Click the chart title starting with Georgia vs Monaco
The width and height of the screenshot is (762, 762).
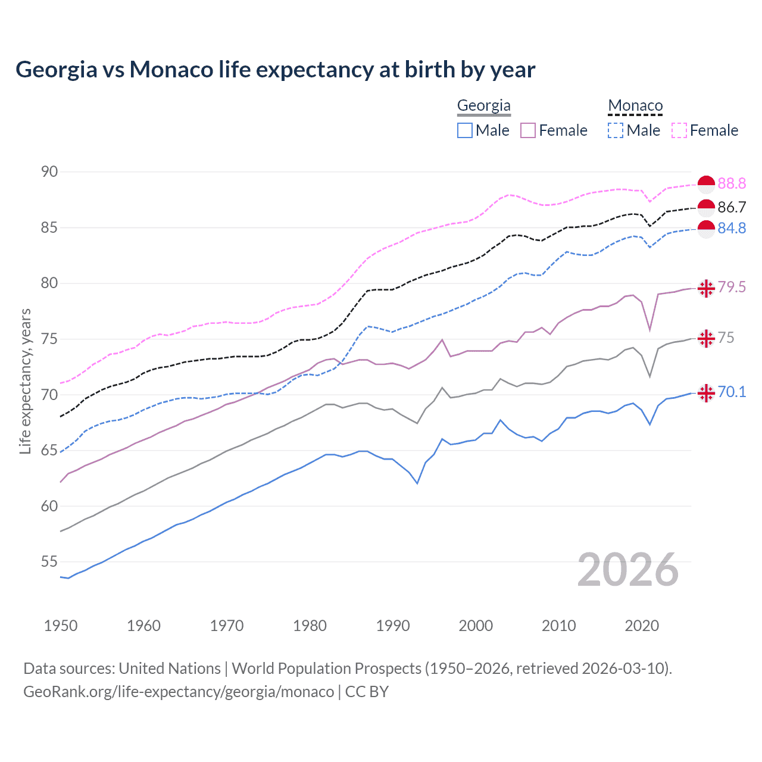pyautogui.click(x=275, y=70)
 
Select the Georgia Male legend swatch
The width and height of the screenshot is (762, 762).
pyautogui.click(x=465, y=130)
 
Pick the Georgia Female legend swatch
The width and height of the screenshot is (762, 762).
pyautogui.click(x=528, y=130)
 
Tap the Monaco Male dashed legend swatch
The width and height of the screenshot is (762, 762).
pyautogui.click(x=616, y=130)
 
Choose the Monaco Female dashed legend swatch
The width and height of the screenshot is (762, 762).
pyautogui.click(x=679, y=130)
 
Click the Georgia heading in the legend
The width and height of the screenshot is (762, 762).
pyautogui.click(x=483, y=106)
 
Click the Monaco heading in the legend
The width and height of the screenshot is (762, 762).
pyautogui.click(x=635, y=106)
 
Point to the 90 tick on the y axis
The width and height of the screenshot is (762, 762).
pyautogui.click(x=49, y=172)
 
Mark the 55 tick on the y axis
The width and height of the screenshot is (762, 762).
pyautogui.click(x=49, y=562)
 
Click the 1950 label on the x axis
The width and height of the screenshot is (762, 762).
pyautogui.click(x=61, y=626)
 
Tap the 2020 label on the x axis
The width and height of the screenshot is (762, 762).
pyautogui.click(x=642, y=626)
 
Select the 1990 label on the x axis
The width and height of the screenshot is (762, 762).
pyautogui.click(x=393, y=626)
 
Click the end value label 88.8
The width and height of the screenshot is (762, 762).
pyautogui.click(x=732, y=184)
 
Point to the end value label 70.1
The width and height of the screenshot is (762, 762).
pyautogui.click(x=732, y=392)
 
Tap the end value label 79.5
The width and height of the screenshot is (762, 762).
pyautogui.click(x=732, y=288)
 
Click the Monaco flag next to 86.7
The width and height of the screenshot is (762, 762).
pyautogui.click(x=706, y=208)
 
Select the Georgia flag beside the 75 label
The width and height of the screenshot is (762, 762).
pyautogui.click(x=706, y=338)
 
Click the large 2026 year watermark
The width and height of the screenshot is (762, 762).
pyautogui.click(x=628, y=570)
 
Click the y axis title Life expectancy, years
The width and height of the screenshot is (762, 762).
pyautogui.click(x=26, y=381)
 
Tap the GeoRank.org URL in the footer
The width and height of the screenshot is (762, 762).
pyautogui.click(x=179, y=692)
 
